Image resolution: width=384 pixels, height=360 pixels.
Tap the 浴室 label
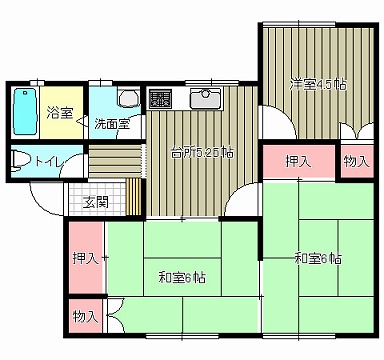(x=60, y=113)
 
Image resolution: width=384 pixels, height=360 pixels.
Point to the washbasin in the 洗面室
(x=126, y=98)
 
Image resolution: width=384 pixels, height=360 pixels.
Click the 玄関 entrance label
(x=96, y=203)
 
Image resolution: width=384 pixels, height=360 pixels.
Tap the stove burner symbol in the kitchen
(x=160, y=98)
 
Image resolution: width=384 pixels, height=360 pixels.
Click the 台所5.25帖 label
(x=202, y=153)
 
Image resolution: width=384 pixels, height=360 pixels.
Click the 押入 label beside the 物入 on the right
(x=297, y=161)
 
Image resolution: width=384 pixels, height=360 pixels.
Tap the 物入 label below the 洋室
(x=355, y=161)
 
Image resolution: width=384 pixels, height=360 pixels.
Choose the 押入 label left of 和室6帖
(x=84, y=258)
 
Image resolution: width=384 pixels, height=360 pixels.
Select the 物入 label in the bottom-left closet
(x=85, y=316)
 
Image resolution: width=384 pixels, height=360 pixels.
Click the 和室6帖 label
(x=182, y=276)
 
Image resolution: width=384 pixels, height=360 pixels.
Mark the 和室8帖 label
(x=318, y=258)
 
